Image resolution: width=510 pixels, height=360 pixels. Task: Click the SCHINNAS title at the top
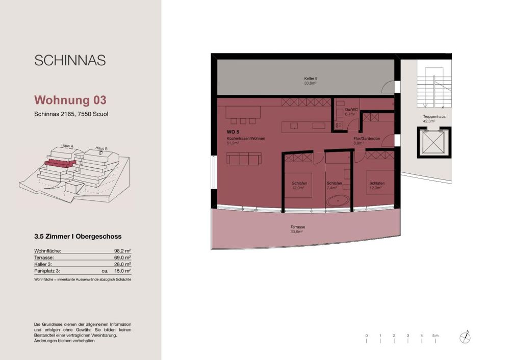70,60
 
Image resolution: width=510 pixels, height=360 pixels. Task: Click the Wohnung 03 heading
70,99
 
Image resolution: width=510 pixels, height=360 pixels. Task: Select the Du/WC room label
349,110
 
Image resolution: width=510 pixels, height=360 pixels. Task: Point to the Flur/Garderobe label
365,139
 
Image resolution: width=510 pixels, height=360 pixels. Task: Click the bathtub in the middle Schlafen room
337,201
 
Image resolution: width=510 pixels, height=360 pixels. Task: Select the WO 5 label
233,132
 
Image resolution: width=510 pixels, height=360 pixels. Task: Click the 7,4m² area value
334,188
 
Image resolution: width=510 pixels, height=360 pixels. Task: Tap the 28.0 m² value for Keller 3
123,265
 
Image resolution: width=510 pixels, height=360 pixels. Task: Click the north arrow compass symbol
465,338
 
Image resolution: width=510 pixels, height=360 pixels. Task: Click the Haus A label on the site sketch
67,146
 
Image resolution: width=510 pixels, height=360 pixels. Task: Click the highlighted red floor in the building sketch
60,163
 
